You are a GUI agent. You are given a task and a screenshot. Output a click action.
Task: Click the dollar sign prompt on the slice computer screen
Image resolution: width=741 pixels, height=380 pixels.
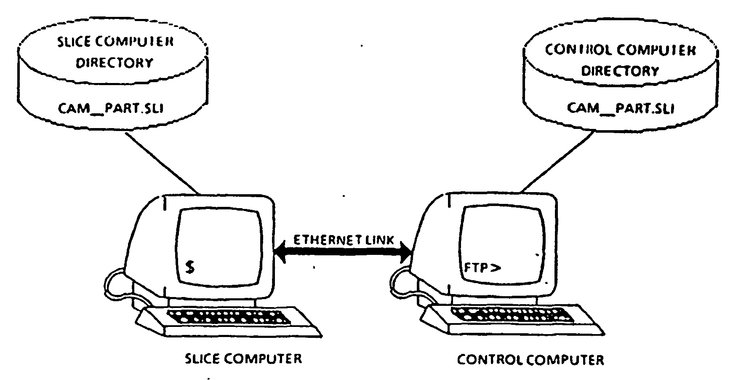point(190,267)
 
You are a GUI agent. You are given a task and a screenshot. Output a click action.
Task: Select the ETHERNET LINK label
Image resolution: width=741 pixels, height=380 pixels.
point(344,240)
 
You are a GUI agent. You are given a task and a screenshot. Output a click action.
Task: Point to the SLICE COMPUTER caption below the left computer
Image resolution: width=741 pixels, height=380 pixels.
point(244,359)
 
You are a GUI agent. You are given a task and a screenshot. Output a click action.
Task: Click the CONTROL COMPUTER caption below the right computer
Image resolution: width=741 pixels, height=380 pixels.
point(530,360)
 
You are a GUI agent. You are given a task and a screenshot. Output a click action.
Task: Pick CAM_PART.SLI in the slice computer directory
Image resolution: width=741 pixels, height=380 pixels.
point(111,108)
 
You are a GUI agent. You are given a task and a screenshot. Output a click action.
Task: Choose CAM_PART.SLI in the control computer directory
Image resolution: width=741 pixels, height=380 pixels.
point(621,108)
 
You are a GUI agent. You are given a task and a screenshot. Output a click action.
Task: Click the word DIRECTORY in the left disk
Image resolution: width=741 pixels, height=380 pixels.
point(114,63)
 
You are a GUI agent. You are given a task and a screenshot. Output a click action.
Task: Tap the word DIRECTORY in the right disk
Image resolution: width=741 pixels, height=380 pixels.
point(620,70)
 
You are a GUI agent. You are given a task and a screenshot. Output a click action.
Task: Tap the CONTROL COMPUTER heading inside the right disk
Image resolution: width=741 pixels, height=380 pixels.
point(620,50)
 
